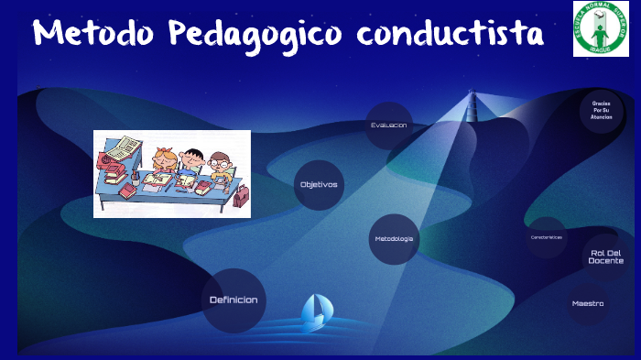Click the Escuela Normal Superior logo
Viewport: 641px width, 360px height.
click(x=601, y=28)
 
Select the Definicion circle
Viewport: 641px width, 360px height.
click(x=234, y=300)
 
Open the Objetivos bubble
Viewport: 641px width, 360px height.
click(x=319, y=184)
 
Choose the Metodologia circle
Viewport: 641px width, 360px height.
click(x=394, y=239)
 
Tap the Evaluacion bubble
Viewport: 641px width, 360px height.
click(x=389, y=125)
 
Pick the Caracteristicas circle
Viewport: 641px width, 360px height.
click(x=547, y=237)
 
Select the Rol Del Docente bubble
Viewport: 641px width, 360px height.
click(x=605, y=256)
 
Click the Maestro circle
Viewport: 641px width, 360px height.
click(x=588, y=303)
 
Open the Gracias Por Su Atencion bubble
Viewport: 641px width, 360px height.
click(x=602, y=111)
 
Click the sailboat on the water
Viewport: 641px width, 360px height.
click(x=313, y=311)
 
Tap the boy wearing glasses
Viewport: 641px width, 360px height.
click(x=219, y=164)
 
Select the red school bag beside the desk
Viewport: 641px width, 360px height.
click(x=240, y=195)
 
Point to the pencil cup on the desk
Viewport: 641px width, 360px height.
click(x=136, y=180)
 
